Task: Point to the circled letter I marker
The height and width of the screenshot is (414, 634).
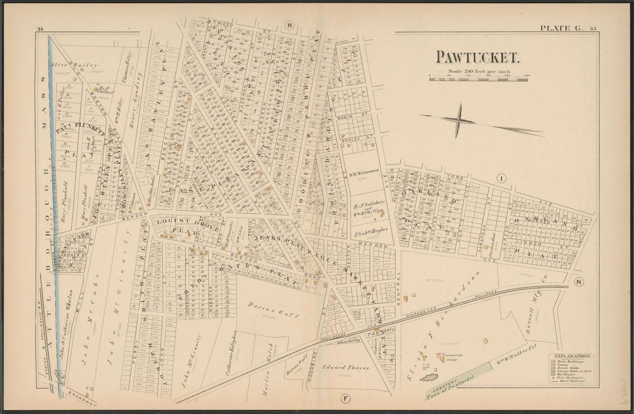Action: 501,179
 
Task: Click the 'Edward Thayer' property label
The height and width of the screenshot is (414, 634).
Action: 347,367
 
